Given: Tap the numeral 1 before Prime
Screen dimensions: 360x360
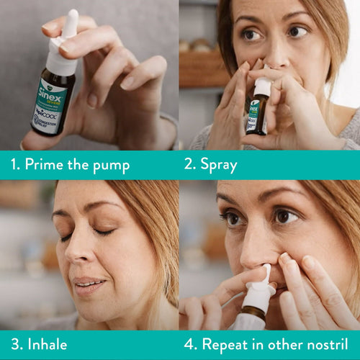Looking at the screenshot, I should pyautogui.click(x=15, y=165).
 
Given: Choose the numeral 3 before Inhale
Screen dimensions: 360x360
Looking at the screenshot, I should pyautogui.click(x=14, y=344).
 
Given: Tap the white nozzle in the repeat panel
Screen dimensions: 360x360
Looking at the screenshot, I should pyautogui.click(x=262, y=277).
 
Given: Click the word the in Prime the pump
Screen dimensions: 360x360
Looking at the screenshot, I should pyautogui.click(x=80, y=165).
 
